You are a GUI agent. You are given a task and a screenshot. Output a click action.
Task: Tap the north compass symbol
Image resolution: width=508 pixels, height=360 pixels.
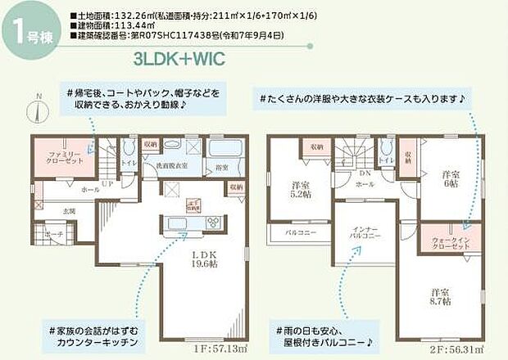pyautogui.click(x=37, y=106)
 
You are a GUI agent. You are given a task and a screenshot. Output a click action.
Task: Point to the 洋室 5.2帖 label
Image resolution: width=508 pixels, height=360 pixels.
pyautogui.click(x=301, y=191)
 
